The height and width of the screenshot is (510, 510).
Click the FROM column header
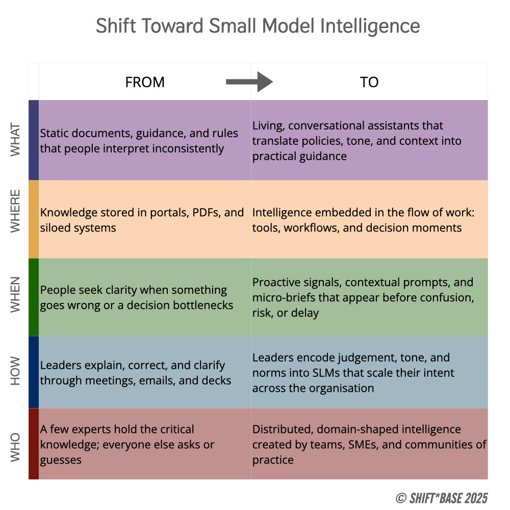145,82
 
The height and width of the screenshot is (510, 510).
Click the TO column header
369,82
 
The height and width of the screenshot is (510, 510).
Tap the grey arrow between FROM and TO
249,82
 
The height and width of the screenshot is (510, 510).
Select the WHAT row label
16,140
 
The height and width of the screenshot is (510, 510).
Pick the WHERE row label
16,211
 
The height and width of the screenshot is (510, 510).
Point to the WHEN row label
16,294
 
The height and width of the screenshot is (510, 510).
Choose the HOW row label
16,372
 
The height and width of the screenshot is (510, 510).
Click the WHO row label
16,446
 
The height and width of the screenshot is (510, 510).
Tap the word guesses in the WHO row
61,460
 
